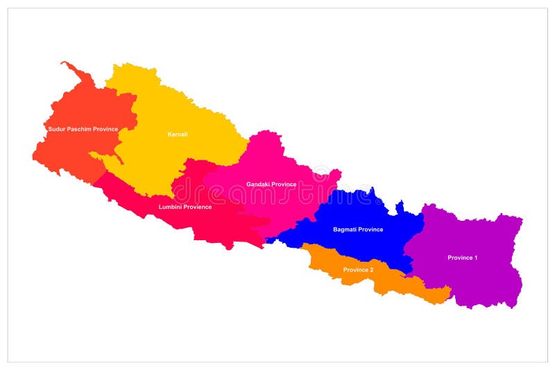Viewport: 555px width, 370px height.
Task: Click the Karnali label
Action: pyautogui.click(x=178, y=134)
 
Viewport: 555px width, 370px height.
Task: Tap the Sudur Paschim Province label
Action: pyautogui.click(x=83, y=129)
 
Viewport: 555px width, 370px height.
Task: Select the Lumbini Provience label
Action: pyautogui.click(x=185, y=207)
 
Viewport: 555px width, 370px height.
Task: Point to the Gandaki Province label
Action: pyautogui.click(x=271, y=185)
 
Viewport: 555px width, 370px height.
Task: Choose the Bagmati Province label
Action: pyautogui.click(x=358, y=229)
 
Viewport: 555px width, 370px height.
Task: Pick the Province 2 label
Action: pyautogui.click(x=358, y=269)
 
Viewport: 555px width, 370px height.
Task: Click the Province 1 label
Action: pyautogui.click(x=462, y=258)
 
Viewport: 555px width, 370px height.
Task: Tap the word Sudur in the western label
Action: pyautogui.click(x=55, y=129)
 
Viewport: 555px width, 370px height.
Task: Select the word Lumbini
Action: pyautogui.click(x=170, y=207)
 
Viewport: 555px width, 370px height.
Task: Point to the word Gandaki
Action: pyautogui.click(x=258, y=185)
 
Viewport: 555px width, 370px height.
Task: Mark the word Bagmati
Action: pyautogui.click(x=345, y=229)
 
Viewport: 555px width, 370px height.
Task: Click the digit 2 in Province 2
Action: pyautogui.click(x=371, y=269)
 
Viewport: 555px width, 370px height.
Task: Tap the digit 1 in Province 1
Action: pyautogui.click(x=475, y=258)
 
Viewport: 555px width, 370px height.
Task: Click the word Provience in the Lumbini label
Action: pyautogui.click(x=198, y=207)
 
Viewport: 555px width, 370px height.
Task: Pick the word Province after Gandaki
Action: pyautogui.click(x=284, y=185)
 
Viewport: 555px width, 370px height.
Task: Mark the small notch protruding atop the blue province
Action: pyautogui.click(x=399, y=205)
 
